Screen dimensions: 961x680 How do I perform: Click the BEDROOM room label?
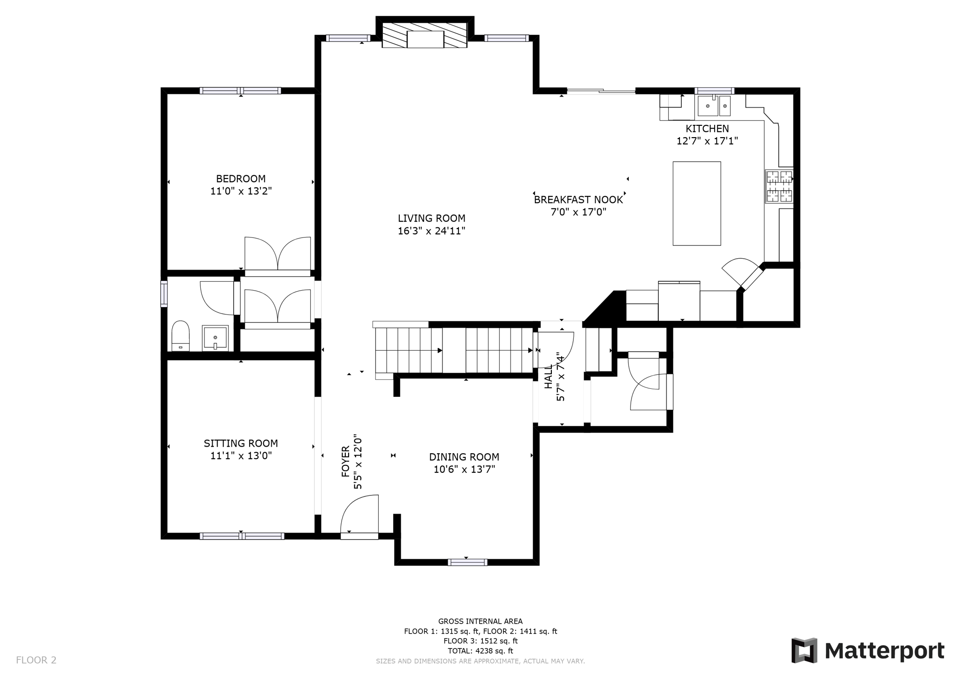(241, 179)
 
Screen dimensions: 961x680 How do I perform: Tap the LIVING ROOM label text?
(432, 218)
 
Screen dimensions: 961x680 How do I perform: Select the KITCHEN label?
(707, 129)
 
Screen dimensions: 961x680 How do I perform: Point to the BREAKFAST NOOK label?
(579, 200)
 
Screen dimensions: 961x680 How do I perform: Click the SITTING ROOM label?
(241, 443)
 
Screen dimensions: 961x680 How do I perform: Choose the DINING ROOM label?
(464, 457)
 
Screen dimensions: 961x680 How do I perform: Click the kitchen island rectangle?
(697, 203)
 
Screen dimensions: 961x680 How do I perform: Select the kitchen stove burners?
(779, 186)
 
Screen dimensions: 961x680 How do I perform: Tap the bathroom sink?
(215, 338)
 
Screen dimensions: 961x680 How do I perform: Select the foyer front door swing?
(359, 514)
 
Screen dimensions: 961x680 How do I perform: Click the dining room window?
(467, 562)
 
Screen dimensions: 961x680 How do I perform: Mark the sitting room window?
(242, 536)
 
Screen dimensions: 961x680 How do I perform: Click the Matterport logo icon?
(804, 650)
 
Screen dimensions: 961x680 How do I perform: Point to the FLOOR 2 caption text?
(36, 660)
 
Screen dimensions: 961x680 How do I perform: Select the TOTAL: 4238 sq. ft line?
(480, 651)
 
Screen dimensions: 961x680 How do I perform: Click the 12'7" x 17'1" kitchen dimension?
(707, 141)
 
